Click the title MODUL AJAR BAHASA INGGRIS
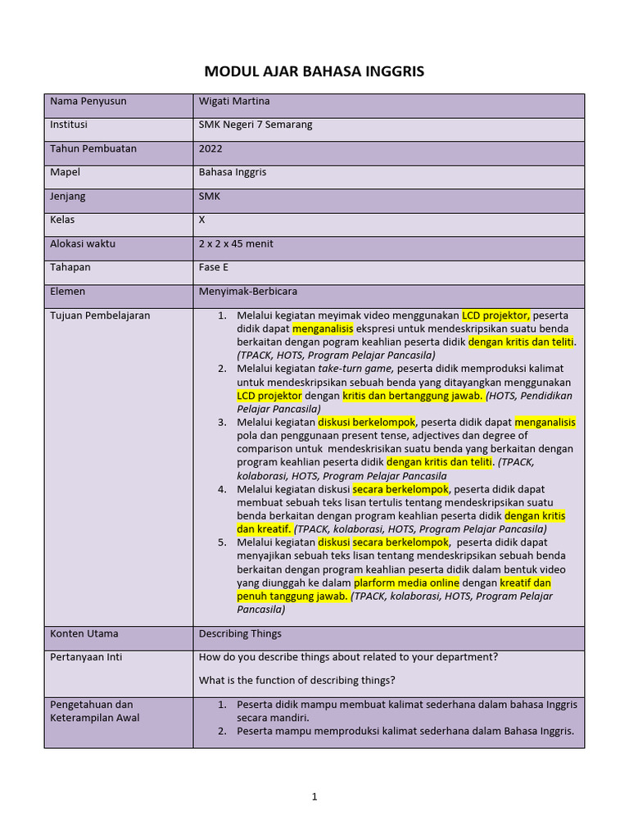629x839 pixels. click(x=314, y=71)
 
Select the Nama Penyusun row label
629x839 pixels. click(x=88, y=101)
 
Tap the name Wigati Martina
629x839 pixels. click(x=234, y=101)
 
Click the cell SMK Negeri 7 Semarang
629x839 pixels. click(x=256, y=125)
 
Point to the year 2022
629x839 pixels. click(x=210, y=148)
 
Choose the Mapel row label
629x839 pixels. click(x=66, y=172)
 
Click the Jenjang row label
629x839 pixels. click(x=68, y=196)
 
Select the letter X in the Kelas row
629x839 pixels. click(x=202, y=220)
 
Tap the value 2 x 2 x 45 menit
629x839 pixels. click(x=236, y=243)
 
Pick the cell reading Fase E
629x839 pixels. click(x=214, y=267)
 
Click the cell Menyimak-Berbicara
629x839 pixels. click(x=247, y=291)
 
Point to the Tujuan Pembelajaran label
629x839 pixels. click(x=100, y=315)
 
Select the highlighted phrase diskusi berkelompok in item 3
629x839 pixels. click(x=367, y=422)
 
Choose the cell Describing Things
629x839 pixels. click(x=240, y=633)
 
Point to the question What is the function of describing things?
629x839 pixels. click(x=297, y=680)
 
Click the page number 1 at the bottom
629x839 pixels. click(x=314, y=796)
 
